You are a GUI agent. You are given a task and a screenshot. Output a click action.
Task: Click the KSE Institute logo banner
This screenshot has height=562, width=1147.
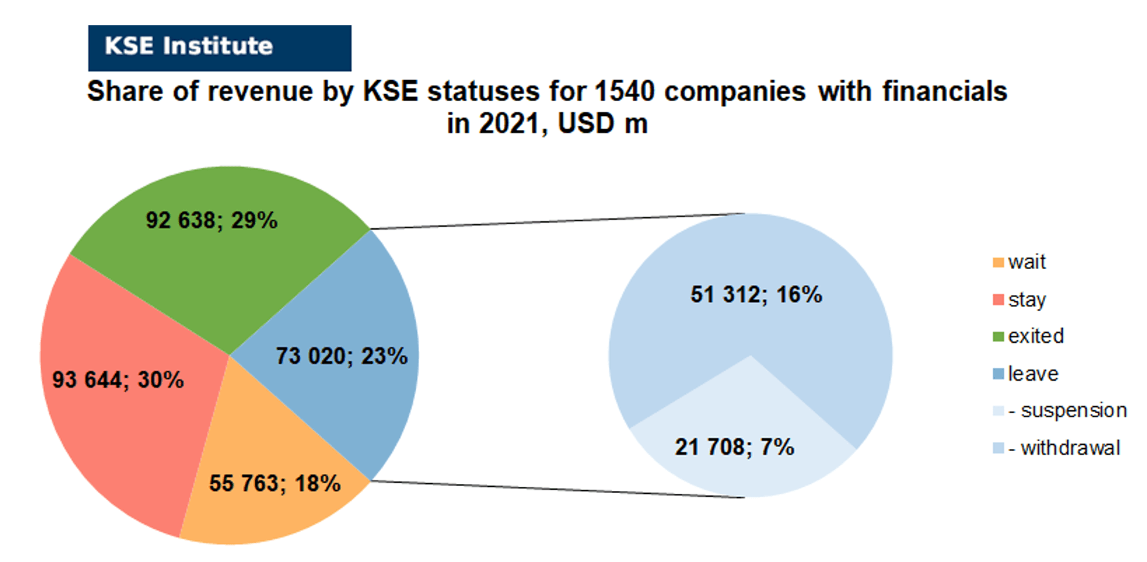[220, 48]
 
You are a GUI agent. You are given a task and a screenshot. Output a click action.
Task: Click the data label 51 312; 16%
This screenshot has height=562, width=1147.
[756, 294]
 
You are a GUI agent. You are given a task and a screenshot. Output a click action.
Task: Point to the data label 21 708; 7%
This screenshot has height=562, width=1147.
[734, 447]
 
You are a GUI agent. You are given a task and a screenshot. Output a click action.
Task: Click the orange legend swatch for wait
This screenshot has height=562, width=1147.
[998, 262]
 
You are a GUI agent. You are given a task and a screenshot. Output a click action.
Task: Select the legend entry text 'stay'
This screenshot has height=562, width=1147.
[1027, 300]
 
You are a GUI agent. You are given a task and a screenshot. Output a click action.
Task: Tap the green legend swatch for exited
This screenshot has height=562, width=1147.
[998, 337]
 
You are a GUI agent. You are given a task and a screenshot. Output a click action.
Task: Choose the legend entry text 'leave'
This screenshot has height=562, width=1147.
[1033, 374]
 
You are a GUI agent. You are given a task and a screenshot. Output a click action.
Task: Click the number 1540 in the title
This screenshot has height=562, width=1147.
[625, 92]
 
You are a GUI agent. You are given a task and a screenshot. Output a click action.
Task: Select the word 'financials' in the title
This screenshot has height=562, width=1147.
[945, 92]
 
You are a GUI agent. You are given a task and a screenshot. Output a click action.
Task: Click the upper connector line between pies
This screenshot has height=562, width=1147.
[557, 221]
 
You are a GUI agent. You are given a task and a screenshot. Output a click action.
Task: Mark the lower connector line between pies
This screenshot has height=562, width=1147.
[557, 489]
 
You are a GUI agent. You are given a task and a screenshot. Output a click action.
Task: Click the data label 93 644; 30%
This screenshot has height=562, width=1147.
[118, 380]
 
